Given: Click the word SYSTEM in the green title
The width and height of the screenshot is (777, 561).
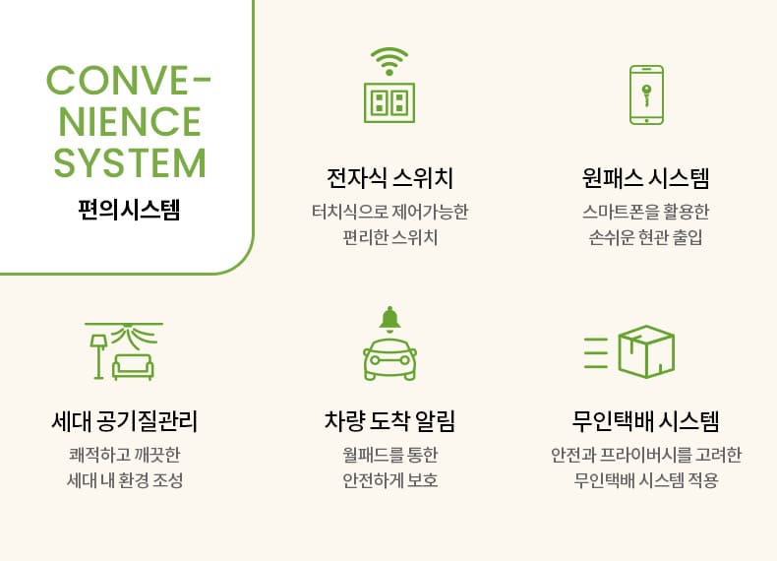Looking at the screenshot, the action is [129, 162].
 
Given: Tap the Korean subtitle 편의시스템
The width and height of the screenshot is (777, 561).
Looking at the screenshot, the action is [129, 210].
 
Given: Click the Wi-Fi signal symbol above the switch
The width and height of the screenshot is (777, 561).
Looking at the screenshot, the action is [389, 61].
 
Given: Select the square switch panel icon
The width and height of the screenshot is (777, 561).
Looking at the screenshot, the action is [389, 102].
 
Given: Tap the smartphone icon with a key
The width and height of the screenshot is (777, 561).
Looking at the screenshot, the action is [646, 94].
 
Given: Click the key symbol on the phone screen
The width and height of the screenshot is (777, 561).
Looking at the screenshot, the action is [646, 94].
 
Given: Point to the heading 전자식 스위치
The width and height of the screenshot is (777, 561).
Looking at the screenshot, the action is [390, 178].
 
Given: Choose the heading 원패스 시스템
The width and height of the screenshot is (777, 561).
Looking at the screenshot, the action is [645, 178].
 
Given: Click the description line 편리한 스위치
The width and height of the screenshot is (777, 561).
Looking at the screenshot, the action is [390, 237].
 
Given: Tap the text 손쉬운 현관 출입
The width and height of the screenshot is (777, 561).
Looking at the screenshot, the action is [645, 237].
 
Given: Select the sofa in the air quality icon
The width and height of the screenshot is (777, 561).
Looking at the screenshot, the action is [133, 367].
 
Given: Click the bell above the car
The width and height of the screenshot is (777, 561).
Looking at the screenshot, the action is [390, 319].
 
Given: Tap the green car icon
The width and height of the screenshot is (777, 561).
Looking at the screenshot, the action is [390, 359].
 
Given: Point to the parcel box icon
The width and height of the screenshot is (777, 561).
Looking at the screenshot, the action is [646, 351].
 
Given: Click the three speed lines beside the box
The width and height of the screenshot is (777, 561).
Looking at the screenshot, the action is [596, 352].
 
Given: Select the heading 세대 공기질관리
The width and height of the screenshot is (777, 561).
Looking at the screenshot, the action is [125, 421].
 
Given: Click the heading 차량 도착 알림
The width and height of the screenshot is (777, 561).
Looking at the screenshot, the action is [390, 421].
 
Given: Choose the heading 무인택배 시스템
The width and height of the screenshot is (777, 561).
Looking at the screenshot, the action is [645, 421].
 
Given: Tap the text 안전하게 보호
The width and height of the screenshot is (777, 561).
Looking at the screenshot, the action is [390, 480].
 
